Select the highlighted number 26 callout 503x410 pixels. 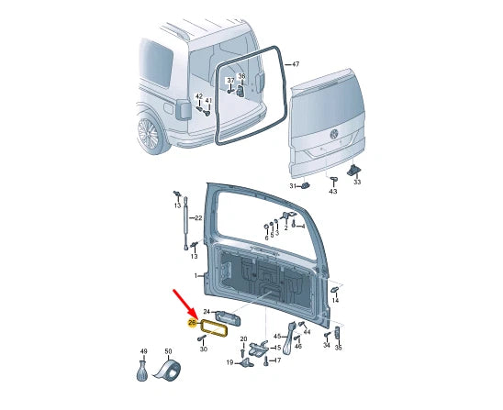click(x=192, y=322)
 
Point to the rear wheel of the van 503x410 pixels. click(x=149, y=135)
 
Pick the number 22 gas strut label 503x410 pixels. click(x=210, y=217)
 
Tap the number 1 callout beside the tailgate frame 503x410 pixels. click(x=196, y=275)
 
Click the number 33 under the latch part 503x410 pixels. click(x=358, y=181)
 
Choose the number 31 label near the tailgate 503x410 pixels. click(x=293, y=185)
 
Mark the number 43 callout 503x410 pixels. click(x=333, y=191)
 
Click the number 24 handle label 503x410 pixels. click(x=207, y=313)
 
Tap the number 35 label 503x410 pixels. click(x=338, y=349)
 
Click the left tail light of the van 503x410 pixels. click(x=181, y=109)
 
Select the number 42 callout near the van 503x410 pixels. click(x=199, y=96)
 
